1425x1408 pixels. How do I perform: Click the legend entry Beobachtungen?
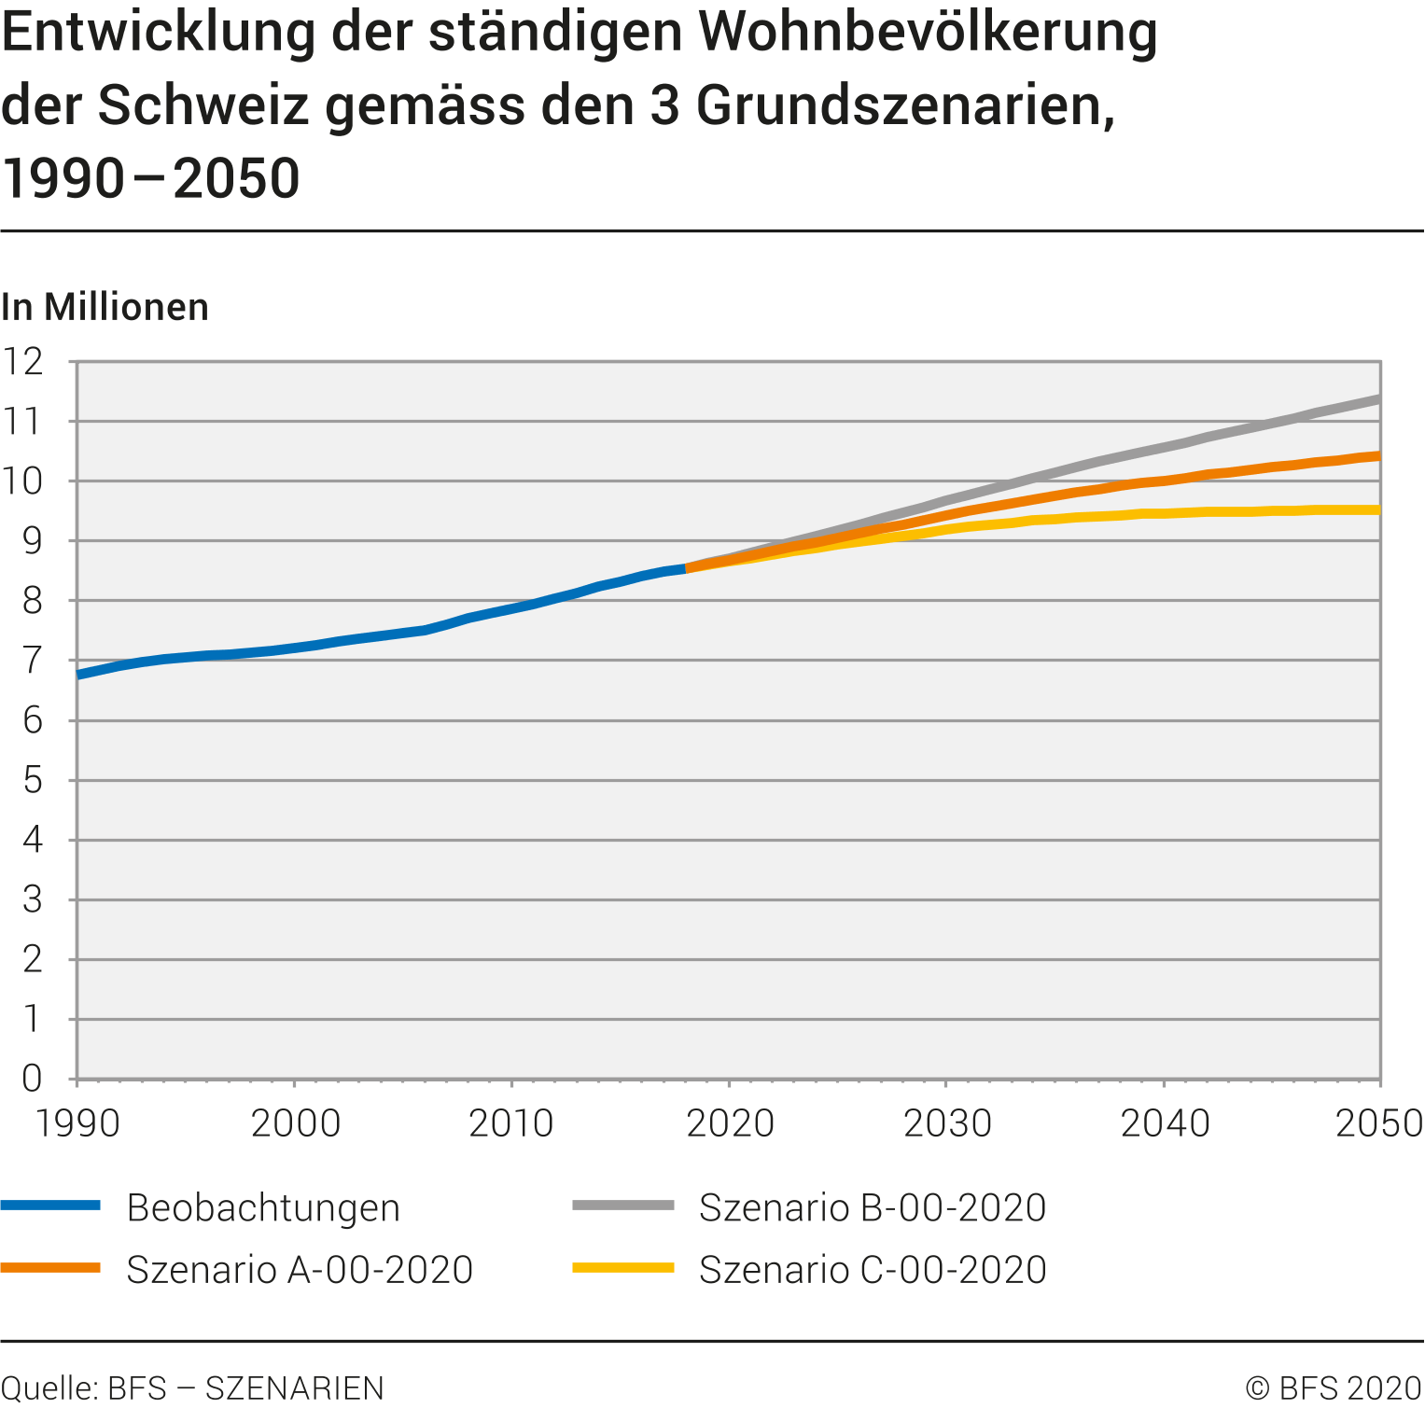[263, 1207]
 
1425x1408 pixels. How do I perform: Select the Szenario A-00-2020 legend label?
[300, 1270]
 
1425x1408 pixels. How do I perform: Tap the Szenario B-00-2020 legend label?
[873, 1207]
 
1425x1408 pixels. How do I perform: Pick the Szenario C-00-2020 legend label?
[873, 1270]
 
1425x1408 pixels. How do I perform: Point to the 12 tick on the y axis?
[23, 362]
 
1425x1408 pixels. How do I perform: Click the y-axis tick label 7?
[33, 661]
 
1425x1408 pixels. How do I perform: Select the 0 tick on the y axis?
[33, 1079]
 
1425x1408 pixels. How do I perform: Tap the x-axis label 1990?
[77, 1123]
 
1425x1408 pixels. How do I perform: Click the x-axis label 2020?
[730, 1123]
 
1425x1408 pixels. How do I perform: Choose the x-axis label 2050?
[1378, 1123]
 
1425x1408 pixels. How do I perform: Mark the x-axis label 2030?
[947, 1123]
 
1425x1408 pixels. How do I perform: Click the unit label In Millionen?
[105, 307]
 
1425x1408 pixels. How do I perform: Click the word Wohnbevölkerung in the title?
[928, 33]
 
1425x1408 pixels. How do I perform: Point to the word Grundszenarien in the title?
[905, 105]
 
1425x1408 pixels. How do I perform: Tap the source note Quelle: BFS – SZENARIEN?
[193, 1388]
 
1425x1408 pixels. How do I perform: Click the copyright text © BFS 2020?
[1334, 1388]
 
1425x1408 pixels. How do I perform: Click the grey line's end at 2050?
[1377, 399]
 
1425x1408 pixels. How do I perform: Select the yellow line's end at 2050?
[1377, 509]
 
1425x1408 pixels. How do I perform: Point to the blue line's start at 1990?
[78, 674]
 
